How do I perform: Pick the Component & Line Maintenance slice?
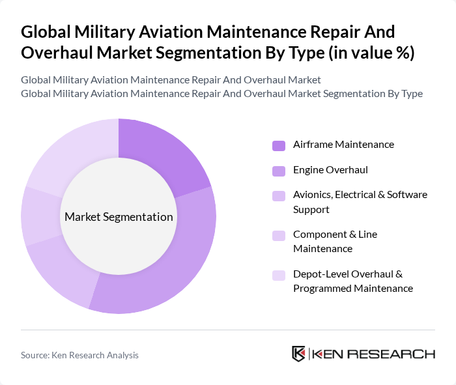(x=41, y=215)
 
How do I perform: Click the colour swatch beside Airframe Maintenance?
(x=279, y=145)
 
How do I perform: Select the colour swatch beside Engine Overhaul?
(x=279, y=170)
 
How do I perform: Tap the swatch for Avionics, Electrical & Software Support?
(x=279, y=195)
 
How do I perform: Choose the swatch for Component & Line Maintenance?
(x=279, y=235)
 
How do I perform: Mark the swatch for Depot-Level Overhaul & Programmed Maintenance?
(x=279, y=274)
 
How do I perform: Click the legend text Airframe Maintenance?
(x=343, y=145)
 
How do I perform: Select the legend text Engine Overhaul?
(x=330, y=170)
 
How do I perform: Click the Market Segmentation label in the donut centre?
(x=119, y=217)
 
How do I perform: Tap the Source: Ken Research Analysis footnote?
(x=79, y=355)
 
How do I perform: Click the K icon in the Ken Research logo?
(x=299, y=354)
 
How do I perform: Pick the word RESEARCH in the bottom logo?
(x=397, y=354)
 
